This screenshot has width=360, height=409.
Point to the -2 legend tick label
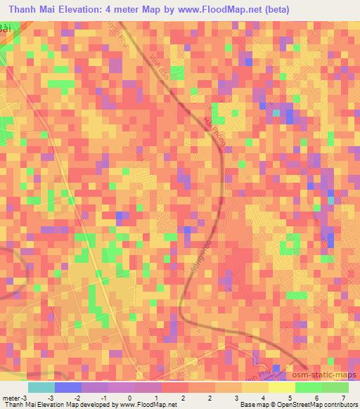click(x=78, y=398)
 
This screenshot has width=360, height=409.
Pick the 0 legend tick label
click(x=129, y=398)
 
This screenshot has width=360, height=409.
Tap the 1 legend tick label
click(x=155, y=398)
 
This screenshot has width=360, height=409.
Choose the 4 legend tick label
click(x=243, y=398)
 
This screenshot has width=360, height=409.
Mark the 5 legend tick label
click(x=269, y=398)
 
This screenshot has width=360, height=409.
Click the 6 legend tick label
click(x=295, y=398)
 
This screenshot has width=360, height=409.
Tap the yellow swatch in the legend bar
click(x=282, y=387)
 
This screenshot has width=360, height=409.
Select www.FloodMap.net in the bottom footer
click(x=148, y=405)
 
